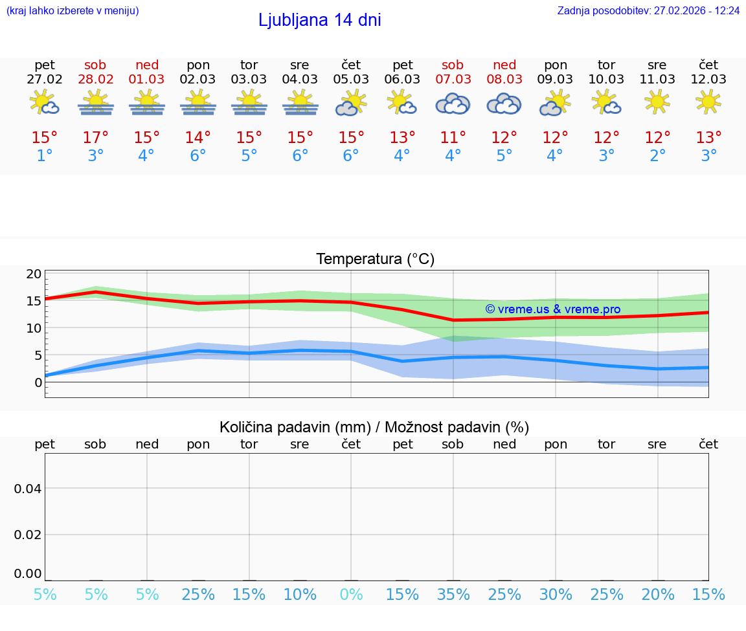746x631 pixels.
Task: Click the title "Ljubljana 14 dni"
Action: point(319,20)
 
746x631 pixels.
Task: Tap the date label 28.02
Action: point(96,80)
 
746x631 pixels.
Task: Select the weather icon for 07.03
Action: point(453,103)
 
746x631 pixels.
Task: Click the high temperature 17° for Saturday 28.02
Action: point(96,138)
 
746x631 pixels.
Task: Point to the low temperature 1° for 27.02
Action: point(45,156)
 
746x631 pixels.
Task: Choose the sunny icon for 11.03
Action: point(657,102)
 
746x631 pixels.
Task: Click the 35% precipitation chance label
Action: point(453,594)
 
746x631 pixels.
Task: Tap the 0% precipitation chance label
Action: point(351,594)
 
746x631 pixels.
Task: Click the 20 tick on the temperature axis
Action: point(34,274)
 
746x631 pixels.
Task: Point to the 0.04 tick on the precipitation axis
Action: point(28,489)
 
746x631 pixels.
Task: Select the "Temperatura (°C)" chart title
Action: point(375,260)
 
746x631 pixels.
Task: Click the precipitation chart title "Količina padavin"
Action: point(374,427)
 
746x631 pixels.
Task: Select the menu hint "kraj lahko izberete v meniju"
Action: point(73,11)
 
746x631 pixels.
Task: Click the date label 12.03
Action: point(708,80)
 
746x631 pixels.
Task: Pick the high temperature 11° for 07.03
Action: point(453,138)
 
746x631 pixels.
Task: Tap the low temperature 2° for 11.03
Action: point(658,156)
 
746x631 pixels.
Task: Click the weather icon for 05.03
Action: point(351,103)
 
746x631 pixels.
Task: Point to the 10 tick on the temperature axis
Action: point(34,328)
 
